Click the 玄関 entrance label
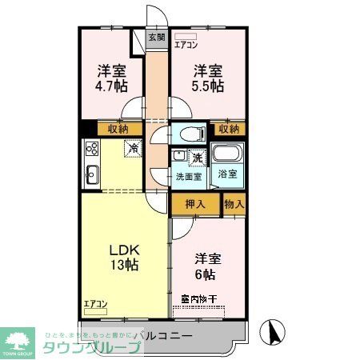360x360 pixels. pos(157,37)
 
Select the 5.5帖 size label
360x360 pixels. pos(207,85)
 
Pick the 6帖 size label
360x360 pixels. pos(206,274)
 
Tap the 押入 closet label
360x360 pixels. pos(195,204)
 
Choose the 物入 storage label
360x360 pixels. pos(234,204)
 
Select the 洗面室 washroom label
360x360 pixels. pos(188,176)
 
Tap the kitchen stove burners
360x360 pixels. pos(91,149)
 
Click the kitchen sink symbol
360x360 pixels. pos(91,173)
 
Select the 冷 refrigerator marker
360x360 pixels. pos(134,148)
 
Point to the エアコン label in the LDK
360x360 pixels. pos(96,303)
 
